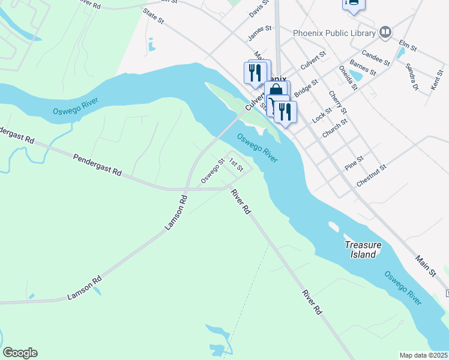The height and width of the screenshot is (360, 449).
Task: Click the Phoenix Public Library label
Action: pyautogui.click(x=334, y=33)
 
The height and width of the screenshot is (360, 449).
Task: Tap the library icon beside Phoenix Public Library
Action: pyautogui.click(x=385, y=33)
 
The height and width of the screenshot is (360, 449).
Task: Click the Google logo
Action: pyautogui.click(x=20, y=353)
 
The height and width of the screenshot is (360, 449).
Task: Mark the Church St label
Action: pyautogui.click(x=335, y=128)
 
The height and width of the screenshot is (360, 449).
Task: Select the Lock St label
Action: pyautogui.click(x=322, y=112)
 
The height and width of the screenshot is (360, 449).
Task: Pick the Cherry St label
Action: pyautogui.click(x=337, y=102)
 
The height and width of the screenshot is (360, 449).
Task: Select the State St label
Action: pyautogui.click(x=153, y=16)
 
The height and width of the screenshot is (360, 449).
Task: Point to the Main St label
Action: pyautogui.click(x=425, y=265)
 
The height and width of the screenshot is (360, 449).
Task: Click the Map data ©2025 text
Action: pyautogui.click(x=424, y=355)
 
